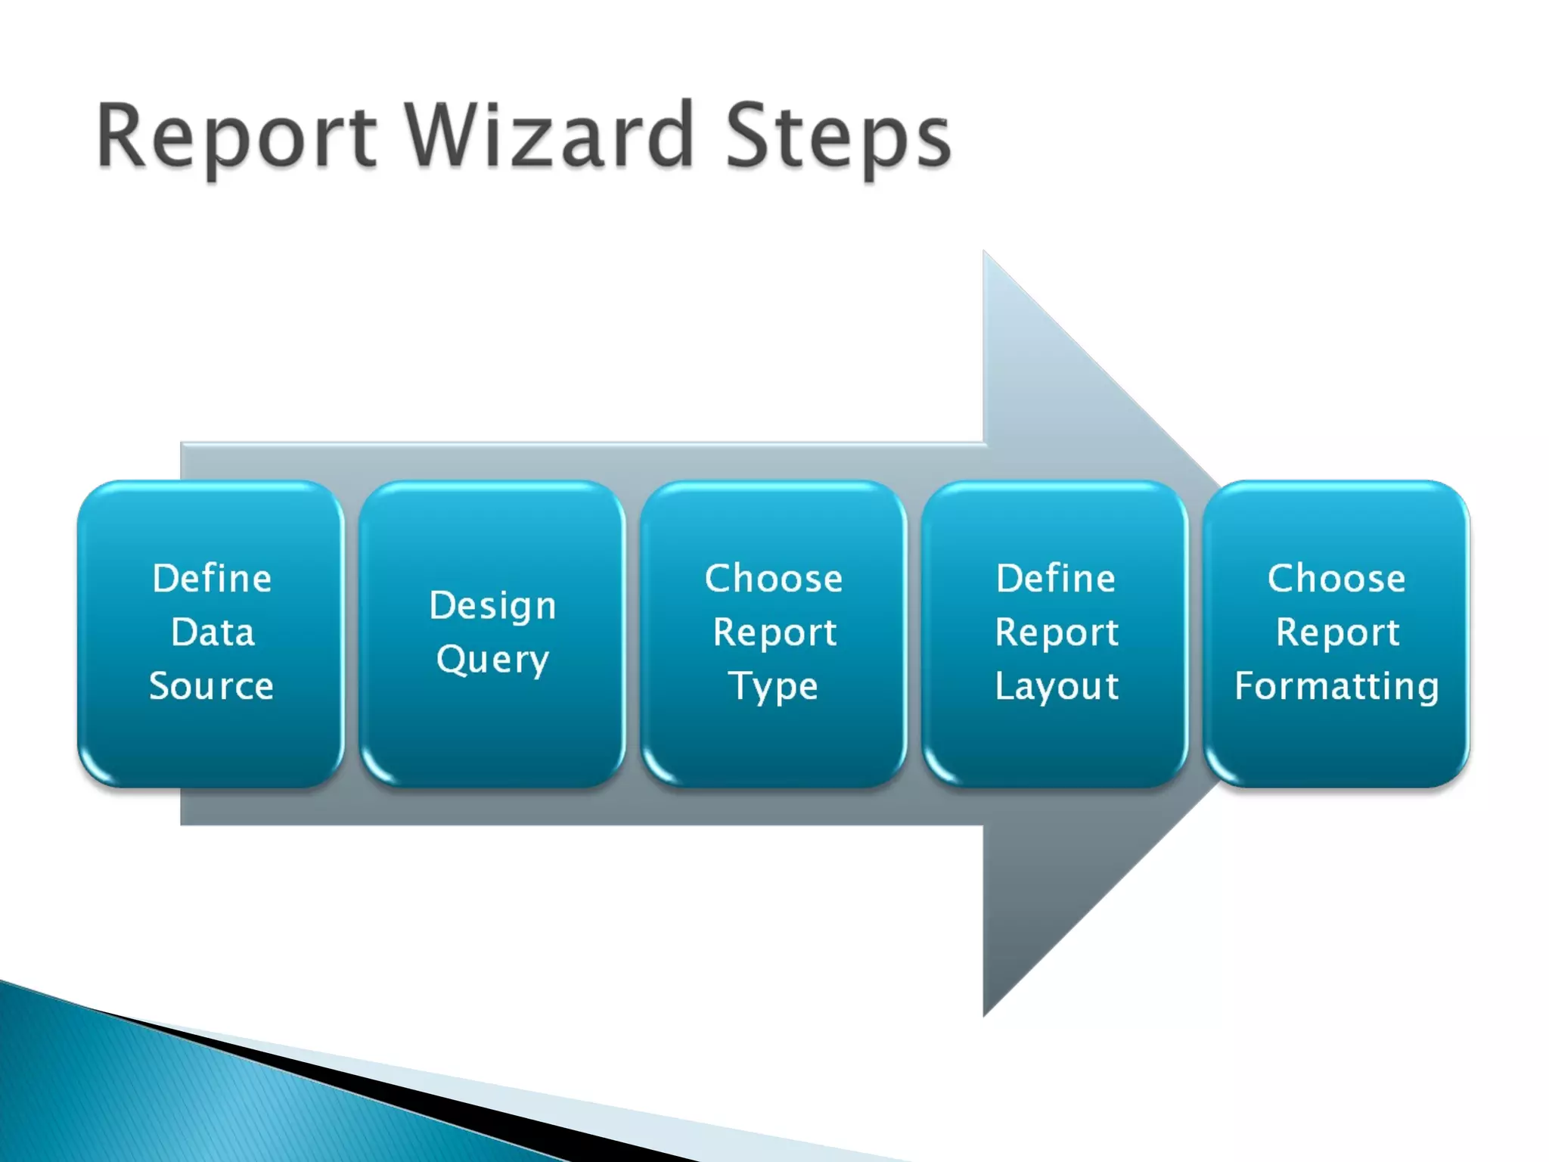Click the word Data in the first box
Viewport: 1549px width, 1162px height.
pos(213,632)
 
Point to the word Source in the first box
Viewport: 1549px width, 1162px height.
pos(211,686)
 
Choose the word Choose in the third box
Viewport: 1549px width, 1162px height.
pos(773,579)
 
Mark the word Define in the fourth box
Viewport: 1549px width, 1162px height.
pos(1056,579)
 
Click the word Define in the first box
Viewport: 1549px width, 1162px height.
pos(212,579)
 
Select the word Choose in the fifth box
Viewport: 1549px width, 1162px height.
pos(1336,579)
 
